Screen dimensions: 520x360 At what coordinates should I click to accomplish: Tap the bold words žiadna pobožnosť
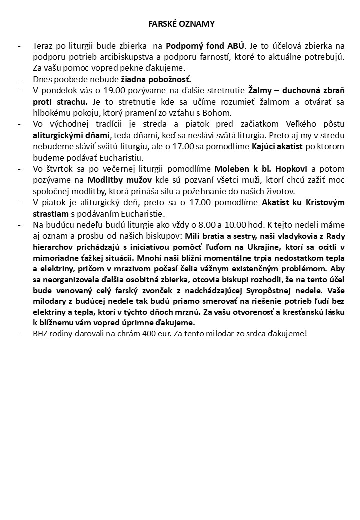(156, 79)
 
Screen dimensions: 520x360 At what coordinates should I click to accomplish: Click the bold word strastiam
(50, 213)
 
